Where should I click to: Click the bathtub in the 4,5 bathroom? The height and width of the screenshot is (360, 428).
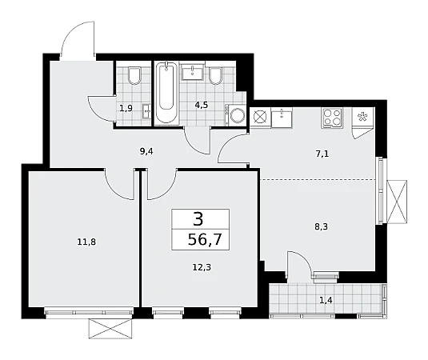pyautogui.click(x=166, y=93)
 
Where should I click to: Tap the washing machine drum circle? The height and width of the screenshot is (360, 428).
pyautogui.click(x=238, y=115)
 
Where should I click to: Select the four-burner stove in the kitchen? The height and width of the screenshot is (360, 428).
pyautogui.click(x=332, y=118)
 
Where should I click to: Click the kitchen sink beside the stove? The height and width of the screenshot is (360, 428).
pyautogui.click(x=282, y=117)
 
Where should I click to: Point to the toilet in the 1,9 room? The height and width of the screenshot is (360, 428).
pyautogui.click(x=134, y=75)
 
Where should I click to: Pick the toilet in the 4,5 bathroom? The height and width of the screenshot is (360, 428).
pyautogui.click(x=215, y=75)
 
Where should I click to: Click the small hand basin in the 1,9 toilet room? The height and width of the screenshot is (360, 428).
pyautogui.click(x=147, y=111)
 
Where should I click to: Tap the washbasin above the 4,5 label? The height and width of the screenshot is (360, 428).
pyautogui.click(x=193, y=72)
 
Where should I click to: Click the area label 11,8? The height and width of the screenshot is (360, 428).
pyautogui.click(x=86, y=242)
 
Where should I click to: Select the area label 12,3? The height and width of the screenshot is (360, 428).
pyautogui.click(x=202, y=267)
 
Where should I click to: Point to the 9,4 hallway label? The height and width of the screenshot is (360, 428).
pyautogui.click(x=146, y=151)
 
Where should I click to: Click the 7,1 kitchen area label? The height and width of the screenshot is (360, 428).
pyautogui.click(x=322, y=154)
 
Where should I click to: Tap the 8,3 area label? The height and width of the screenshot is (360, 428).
pyautogui.click(x=322, y=226)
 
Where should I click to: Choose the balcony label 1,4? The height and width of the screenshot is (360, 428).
pyautogui.click(x=326, y=301)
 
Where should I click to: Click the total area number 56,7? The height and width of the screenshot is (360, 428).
pyautogui.click(x=205, y=240)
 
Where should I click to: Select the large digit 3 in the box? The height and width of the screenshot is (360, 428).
pyautogui.click(x=198, y=219)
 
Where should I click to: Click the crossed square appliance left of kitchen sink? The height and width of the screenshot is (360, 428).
pyautogui.click(x=260, y=117)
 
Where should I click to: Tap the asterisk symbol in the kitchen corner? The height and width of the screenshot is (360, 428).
pyautogui.click(x=362, y=117)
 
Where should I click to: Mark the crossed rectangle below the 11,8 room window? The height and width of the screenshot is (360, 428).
pyautogui.click(x=111, y=329)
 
